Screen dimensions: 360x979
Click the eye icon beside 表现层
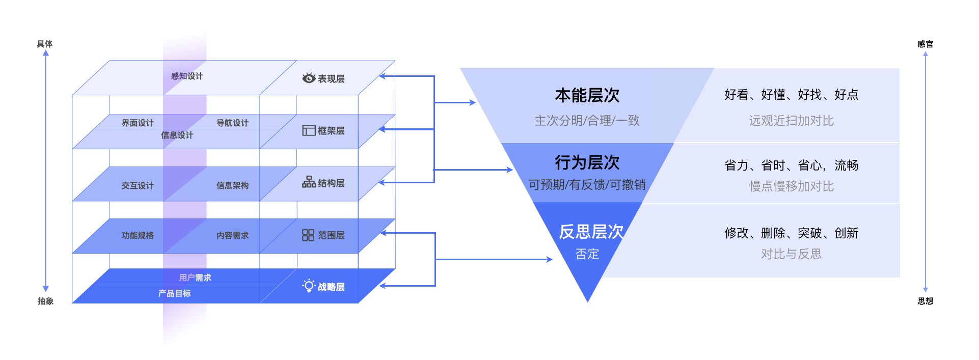309,78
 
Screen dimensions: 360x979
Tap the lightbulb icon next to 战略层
309,286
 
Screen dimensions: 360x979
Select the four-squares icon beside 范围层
308,235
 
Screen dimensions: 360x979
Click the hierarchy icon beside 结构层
309,182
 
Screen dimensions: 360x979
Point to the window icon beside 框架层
309,130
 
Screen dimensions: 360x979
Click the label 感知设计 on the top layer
187,76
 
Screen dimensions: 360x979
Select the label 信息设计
177,135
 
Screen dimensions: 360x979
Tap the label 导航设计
233,123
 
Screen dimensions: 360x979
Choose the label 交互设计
138,186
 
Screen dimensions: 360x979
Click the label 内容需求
233,236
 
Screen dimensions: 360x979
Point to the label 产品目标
174,294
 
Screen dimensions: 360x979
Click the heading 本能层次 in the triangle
587,95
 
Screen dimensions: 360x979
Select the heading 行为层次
587,162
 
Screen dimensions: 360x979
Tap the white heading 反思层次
591,232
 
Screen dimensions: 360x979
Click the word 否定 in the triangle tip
587,254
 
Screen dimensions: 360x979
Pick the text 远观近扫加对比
791,121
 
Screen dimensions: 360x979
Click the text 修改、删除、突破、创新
791,233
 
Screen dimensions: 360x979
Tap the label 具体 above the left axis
45,44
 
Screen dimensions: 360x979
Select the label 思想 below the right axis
926,301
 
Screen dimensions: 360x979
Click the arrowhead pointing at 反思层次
550,260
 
